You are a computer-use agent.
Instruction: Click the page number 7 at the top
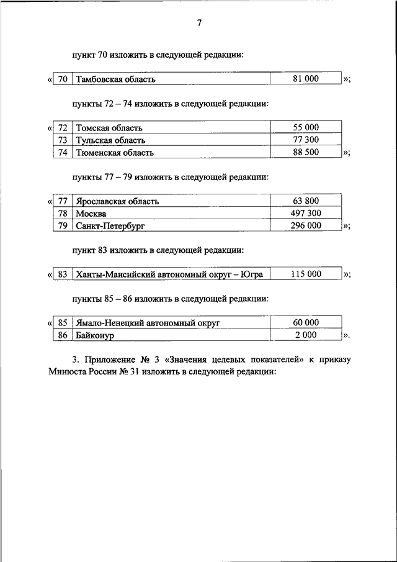coord(199,24)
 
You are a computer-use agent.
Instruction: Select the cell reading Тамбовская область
coord(115,79)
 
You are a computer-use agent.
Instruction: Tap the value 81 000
coord(306,79)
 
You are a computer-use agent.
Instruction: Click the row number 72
coord(62,128)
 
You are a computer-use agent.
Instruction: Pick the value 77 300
coord(306,140)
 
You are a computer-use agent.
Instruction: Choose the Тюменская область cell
coord(115,152)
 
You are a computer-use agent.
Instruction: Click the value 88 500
coord(306,152)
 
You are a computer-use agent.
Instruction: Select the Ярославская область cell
coord(117,201)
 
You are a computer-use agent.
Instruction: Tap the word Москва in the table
coord(91,214)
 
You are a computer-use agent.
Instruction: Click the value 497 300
coord(306,213)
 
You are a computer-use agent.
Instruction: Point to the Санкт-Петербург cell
coord(110,226)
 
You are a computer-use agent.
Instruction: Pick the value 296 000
coord(306,225)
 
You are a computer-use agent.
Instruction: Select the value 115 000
coord(306,274)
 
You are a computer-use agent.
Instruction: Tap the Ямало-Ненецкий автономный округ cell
coord(148,324)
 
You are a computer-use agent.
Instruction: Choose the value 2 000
coord(306,335)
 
